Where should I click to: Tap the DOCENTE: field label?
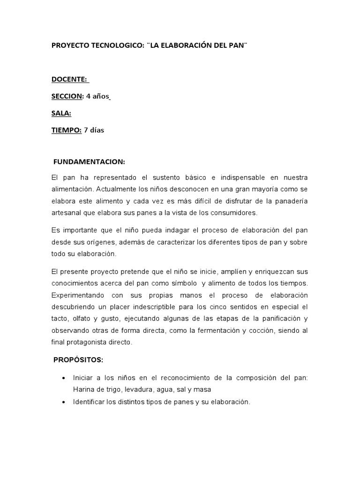(x=69, y=80)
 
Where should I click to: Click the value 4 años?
(x=97, y=97)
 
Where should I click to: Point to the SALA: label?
(x=61, y=113)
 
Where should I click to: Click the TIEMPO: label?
(x=67, y=130)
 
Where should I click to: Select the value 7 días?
(x=94, y=130)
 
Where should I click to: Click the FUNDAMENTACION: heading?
(x=89, y=162)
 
